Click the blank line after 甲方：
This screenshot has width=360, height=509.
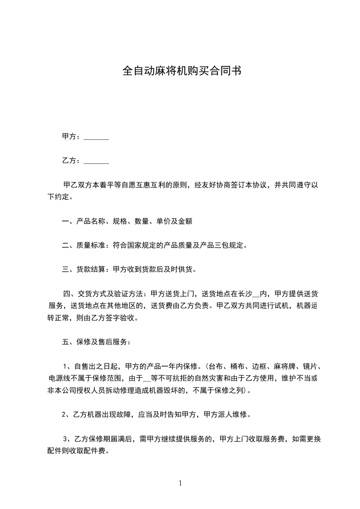(96, 137)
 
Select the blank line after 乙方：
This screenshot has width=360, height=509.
(96, 161)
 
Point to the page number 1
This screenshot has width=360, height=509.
(180, 483)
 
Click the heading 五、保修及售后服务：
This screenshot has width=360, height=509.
(96, 342)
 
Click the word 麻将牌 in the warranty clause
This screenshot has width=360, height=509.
(282, 366)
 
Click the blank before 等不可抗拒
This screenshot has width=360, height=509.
(146, 378)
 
